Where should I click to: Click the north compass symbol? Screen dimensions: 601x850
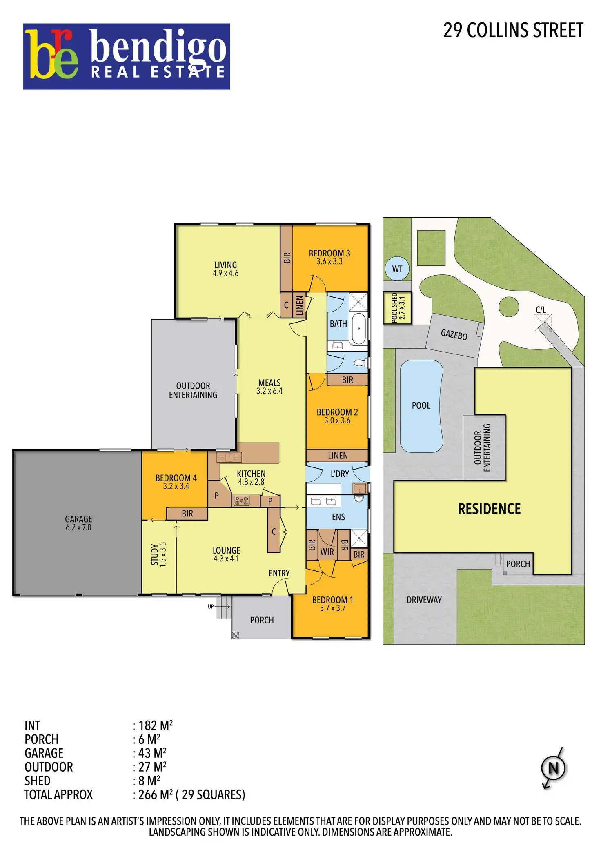click(553, 768)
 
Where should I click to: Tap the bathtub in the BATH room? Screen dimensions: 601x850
click(359, 329)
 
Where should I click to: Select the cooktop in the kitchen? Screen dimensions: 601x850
click(241, 501)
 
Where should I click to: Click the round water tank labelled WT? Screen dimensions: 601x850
click(397, 269)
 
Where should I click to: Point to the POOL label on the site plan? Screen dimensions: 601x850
click(421, 405)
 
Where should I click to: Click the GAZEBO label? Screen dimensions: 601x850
click(454, 335)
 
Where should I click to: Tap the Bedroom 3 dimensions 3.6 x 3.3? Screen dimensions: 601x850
click(329, 261)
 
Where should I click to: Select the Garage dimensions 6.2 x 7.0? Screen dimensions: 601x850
click(78, 527)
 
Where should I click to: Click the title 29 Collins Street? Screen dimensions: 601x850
click(513, 31)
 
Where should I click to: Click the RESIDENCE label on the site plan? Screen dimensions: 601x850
click(489, 509)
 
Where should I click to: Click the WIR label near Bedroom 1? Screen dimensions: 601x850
click(327, 552)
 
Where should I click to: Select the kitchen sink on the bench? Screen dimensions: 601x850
click(229, 457)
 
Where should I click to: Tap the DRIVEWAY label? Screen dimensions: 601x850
click(424, 600)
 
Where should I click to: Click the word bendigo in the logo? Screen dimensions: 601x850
click(158, 48)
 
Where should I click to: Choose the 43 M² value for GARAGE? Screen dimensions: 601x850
click(152, 753)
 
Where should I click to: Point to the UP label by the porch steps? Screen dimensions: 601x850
click(211, 606)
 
